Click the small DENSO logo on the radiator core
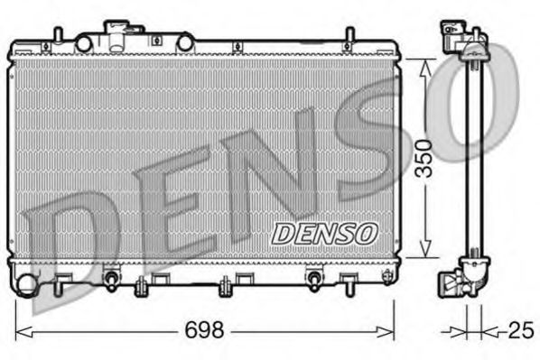tap(324, 232)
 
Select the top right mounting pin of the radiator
tap(348, 35)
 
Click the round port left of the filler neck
tap(84, 42)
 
